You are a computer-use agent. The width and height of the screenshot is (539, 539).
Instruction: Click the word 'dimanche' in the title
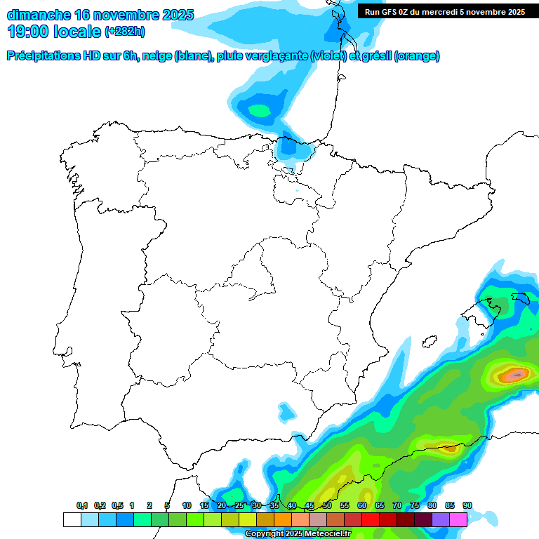point(38,15)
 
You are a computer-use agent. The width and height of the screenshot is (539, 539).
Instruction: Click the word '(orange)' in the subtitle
point(417,56)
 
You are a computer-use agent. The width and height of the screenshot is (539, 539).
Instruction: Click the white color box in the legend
point(72,519)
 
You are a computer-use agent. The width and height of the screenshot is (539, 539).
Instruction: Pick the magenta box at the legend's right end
point(458,519)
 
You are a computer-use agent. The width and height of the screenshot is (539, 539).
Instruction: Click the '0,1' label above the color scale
point(82,505)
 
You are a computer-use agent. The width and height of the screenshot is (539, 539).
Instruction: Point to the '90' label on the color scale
point(467,505)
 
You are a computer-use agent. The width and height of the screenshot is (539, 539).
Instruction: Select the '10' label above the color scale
point(187,505)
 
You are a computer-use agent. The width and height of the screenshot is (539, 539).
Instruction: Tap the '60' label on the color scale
point(362,505)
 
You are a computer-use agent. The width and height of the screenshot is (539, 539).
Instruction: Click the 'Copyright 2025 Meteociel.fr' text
point(297,534)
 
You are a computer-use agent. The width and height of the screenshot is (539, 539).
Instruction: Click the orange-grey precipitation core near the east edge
point(516,375)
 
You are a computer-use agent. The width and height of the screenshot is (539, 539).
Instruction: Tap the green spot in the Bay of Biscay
point(260,110)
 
